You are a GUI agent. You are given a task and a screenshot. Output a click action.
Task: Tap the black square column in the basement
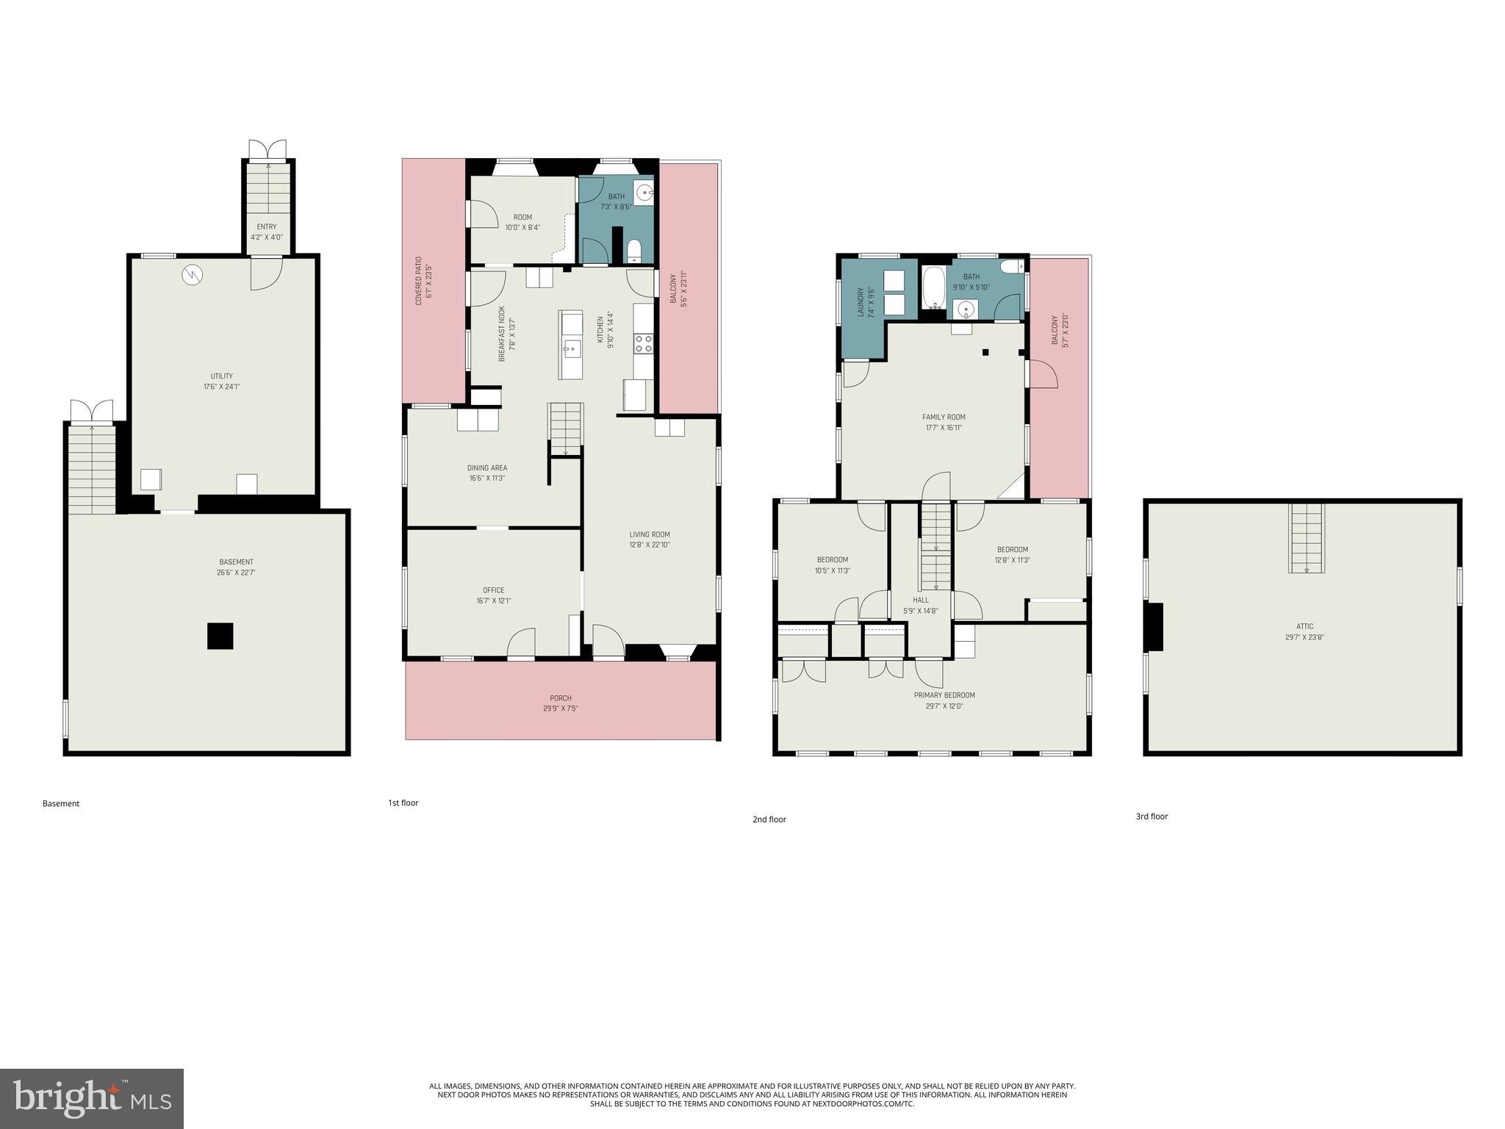tap(220, 636)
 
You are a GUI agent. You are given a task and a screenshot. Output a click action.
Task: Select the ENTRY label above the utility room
tap(267, 226)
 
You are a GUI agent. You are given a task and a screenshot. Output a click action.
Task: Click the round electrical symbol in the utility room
tap(192, 275)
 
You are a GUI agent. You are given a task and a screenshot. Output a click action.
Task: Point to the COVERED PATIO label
tap(419, 280)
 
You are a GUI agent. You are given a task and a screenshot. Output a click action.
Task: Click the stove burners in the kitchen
tap(643, 343)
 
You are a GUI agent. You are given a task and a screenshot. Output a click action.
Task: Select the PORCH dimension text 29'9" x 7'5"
tap(560, 709)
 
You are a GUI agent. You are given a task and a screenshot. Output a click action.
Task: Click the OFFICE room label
tap(493, 590)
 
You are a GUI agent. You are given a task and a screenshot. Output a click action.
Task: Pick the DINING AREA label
tap(486, 467)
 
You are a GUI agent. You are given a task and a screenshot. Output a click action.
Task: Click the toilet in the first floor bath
tap(634, 251)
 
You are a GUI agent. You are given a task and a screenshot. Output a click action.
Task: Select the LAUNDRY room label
tap(861, 301)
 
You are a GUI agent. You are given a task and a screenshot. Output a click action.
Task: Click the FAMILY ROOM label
tap(944, 417)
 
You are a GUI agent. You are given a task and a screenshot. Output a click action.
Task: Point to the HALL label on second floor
tap(920, 600)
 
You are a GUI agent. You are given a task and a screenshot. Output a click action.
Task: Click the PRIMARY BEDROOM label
tap(944, 695)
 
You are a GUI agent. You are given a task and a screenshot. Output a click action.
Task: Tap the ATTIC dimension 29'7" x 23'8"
tap(1304, 637)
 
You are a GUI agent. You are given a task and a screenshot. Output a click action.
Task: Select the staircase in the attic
tap(1306, 537)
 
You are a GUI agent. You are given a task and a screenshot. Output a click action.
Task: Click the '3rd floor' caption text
tap(1151, 816)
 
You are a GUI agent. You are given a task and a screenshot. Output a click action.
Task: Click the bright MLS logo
tap(92, 1098)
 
